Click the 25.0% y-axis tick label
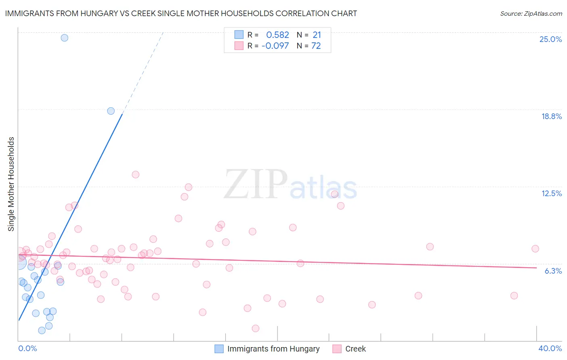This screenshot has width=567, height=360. coord(550,39)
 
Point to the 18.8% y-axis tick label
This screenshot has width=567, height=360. coord(551,116)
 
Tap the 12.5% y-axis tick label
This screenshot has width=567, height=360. coord(551,193)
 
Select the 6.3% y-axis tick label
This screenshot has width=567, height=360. coord(553,271)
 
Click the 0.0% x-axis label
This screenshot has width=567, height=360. coord(27,348)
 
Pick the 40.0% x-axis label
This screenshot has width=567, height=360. coord(550,348)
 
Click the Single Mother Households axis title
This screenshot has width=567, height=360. coord(11,184)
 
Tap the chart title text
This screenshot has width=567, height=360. coord(181,13)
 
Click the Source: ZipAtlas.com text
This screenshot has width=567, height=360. coord(531,13)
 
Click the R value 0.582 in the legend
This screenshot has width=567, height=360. coord(277,35)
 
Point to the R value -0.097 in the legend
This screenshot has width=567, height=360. coord(275,46)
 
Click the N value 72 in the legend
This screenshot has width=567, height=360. coord(316,46)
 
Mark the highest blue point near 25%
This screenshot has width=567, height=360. coord(65,38)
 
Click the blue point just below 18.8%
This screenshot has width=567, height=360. coord(111,111)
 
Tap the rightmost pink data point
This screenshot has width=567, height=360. coord(535,249)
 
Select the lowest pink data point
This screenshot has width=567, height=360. coord(255,329)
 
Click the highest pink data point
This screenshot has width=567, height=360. coord(135,175)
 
